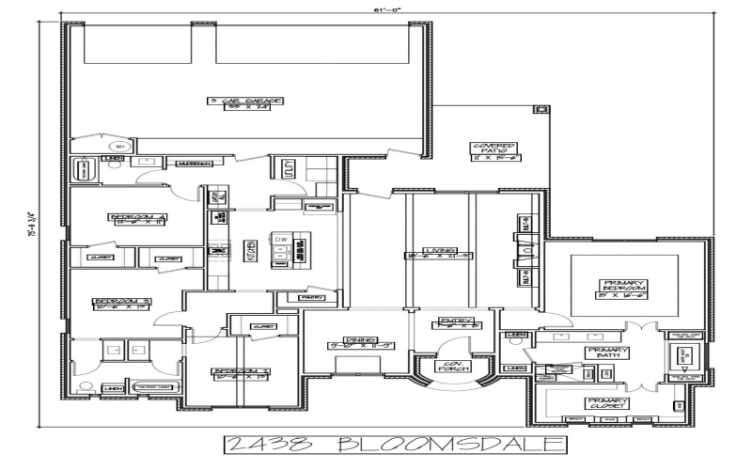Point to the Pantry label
coord(311,297)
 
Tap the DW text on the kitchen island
coord(280,240)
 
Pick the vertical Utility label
coord(286,169)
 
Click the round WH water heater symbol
coord(120,147)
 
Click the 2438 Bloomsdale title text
coord(395,444)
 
